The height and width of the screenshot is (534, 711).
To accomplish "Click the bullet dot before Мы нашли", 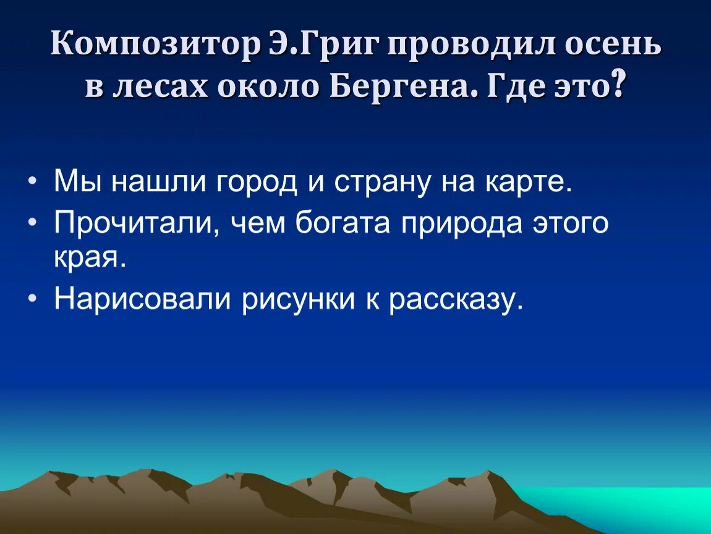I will click(x=32, y=183).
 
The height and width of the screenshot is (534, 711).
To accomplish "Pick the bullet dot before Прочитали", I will click(x=32, y=224).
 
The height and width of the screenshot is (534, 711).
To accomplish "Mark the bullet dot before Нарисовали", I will click(x=32, y=299).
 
